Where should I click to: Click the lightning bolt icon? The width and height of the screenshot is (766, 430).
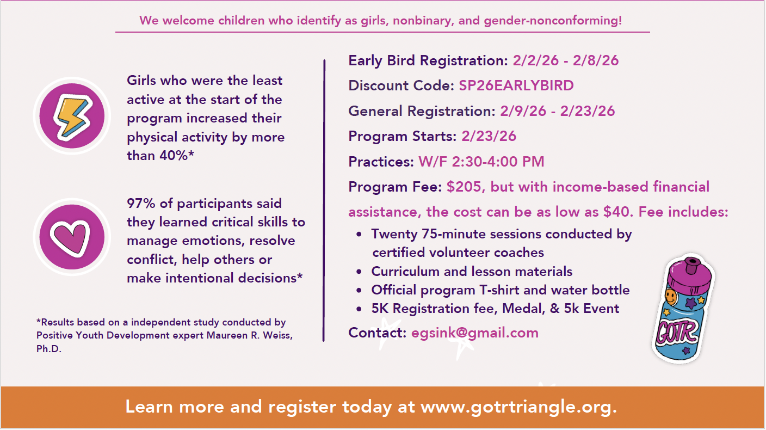(x=73, y=117)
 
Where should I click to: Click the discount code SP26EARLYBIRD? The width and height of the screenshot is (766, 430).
(x=516, y=85)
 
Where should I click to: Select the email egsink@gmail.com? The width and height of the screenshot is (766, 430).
(x=474, y=333)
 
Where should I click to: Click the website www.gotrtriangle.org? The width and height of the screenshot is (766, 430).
(x=518, y=407)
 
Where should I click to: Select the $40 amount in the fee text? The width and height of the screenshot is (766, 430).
(x=616, y=212)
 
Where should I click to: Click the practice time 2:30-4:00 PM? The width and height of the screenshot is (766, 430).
(x=498, y=162)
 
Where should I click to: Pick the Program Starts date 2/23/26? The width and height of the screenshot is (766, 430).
(x=489, y=137)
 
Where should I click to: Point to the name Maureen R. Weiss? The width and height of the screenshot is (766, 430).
(x=249, y=335)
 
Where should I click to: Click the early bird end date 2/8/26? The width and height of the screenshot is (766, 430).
(x=596, y=60)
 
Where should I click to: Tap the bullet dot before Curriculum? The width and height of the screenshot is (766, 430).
(x=359, y=272)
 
